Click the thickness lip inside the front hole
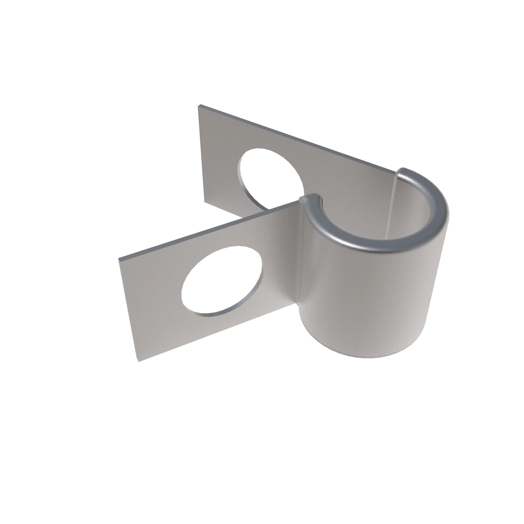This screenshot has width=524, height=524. point(217,315)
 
